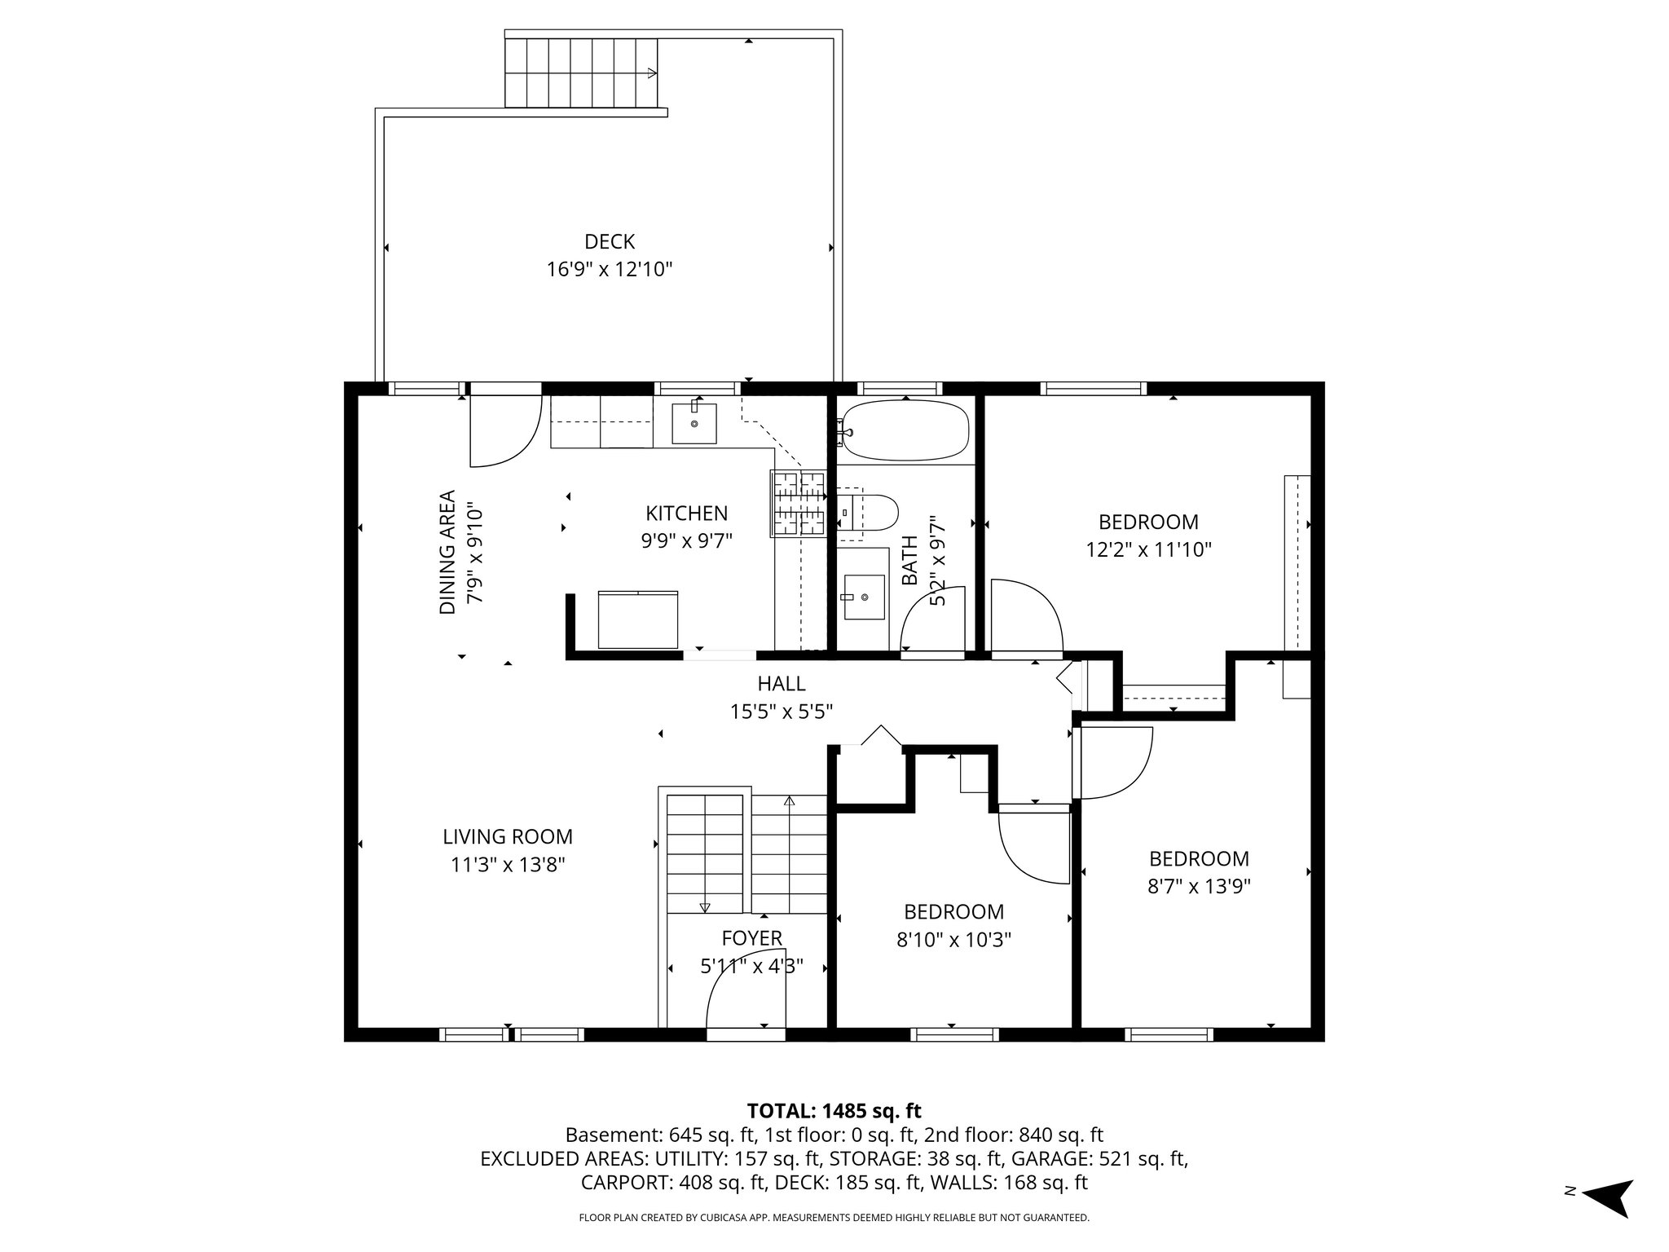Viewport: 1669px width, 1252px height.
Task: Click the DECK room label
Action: [609, 242]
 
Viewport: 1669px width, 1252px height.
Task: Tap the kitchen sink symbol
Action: [694, 423]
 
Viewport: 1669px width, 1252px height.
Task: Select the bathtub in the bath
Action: [905, 430]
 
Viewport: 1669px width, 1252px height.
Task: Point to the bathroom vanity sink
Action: [864, 597]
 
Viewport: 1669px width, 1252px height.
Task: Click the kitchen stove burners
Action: [798, 503]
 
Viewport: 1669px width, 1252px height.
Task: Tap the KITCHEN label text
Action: [686, 514]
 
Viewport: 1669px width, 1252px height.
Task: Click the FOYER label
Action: [751, 938]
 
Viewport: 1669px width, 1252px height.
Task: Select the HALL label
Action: [781, 684]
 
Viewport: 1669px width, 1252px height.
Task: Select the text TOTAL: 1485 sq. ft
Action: [834, 1111]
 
